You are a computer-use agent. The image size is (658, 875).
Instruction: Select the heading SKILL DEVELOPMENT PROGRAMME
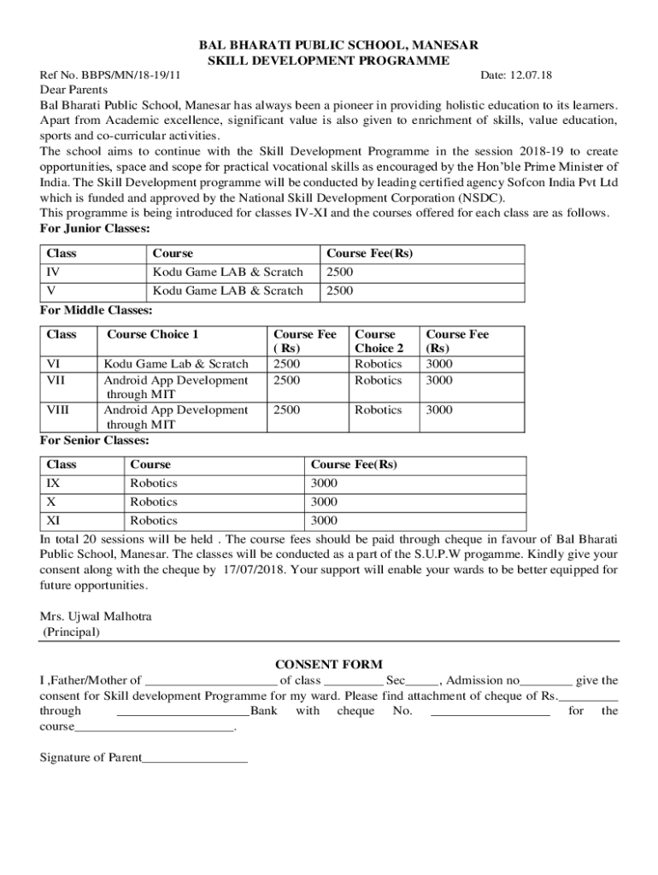329,61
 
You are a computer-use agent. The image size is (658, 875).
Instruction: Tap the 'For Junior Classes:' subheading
96,228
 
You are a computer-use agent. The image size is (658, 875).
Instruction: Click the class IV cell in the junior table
53,272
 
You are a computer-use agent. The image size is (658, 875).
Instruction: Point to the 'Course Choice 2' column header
379,341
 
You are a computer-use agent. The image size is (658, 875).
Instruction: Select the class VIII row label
57,409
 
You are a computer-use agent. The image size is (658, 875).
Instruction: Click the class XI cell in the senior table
53,520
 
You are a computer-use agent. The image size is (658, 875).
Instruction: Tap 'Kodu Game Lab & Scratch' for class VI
176,363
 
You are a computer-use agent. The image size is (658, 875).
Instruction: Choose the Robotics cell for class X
154,502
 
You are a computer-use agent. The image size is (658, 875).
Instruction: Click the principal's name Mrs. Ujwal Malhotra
97,616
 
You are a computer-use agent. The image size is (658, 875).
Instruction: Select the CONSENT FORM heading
328,664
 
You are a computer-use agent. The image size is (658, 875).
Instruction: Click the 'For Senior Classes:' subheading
95,440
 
